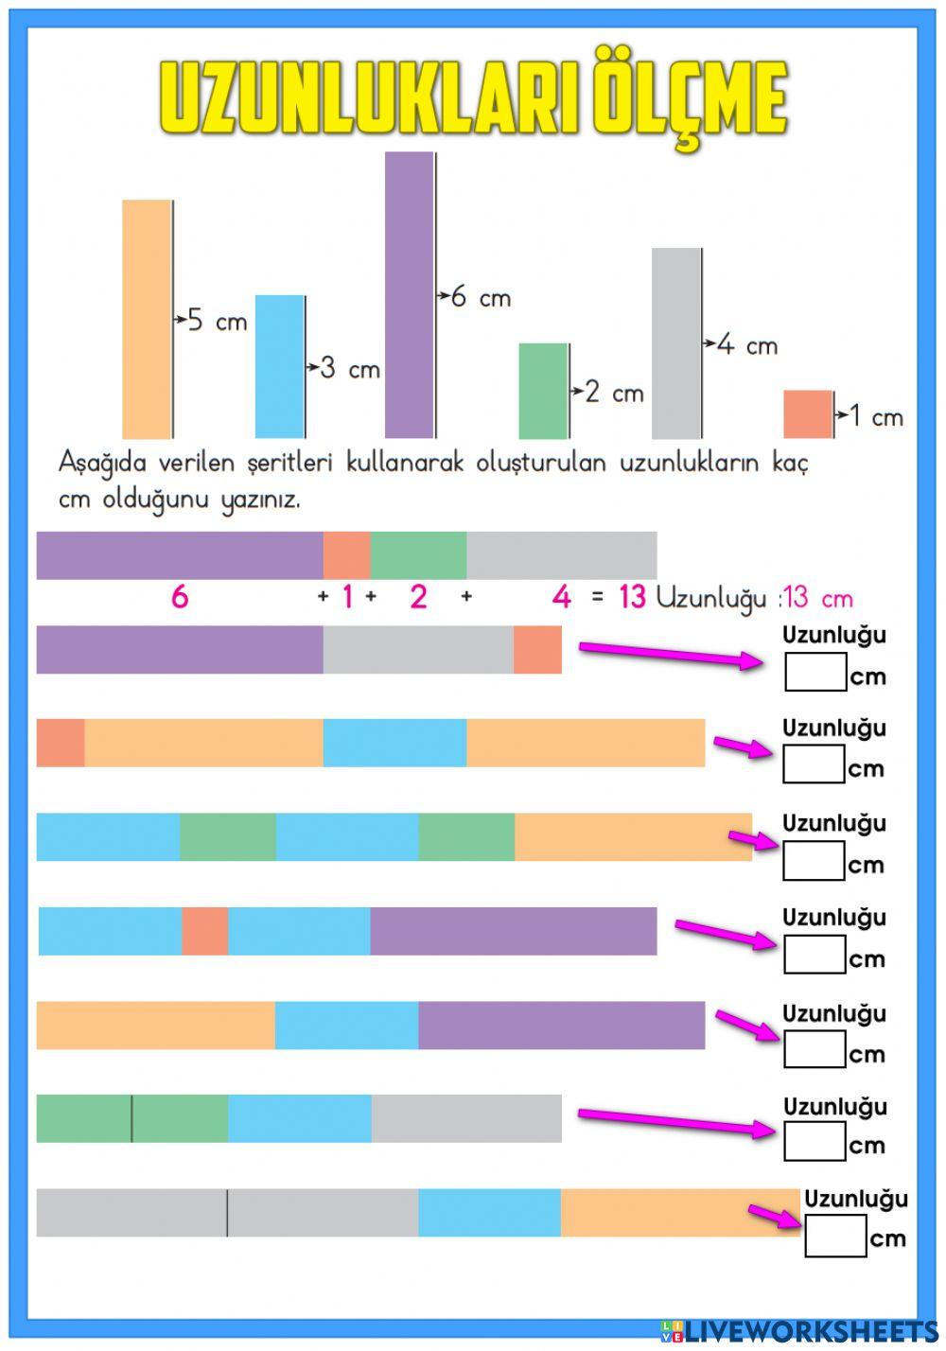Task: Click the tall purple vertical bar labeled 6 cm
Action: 409,294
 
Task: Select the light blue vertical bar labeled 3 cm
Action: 279,366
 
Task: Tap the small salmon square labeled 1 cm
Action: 807,414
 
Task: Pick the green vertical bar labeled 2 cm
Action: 543,391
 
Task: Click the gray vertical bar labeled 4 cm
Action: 675,343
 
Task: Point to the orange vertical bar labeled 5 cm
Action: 147,319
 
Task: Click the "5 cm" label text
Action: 217,322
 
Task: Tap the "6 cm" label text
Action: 481,298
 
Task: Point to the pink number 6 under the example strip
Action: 179,597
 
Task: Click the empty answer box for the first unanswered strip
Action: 815,672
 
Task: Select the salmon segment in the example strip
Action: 346,555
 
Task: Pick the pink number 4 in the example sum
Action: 562,597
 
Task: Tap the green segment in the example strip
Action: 418,555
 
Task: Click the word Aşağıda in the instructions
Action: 103,463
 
